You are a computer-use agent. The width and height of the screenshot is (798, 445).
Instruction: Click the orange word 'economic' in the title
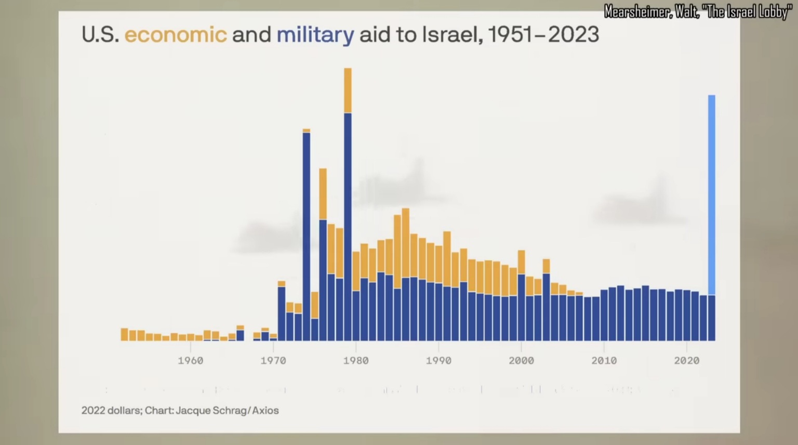click(176, 35)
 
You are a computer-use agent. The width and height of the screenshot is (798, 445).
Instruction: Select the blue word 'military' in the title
click(315, 35)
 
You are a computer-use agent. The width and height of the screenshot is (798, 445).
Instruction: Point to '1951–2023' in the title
click(543, 35)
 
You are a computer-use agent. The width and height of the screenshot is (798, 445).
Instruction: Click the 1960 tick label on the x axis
click(191, 361)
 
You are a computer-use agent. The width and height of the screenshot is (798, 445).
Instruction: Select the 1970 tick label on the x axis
click(273, 361)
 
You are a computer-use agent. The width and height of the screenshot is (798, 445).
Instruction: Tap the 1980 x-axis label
click(356, 361)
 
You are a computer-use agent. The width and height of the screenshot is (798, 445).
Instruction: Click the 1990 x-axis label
click(438, 361)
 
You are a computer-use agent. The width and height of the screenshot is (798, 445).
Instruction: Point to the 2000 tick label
click(521, 361)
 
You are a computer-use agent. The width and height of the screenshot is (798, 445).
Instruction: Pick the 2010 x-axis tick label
click(604, 361)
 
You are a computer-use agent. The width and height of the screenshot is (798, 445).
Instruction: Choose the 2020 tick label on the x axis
click(686, 361)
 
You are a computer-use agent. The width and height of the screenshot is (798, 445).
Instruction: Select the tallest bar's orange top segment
click(348, 90)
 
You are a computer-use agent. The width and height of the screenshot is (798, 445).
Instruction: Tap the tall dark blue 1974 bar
click(307, 234)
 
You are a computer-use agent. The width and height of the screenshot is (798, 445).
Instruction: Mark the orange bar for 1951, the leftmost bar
click(124, 334)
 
